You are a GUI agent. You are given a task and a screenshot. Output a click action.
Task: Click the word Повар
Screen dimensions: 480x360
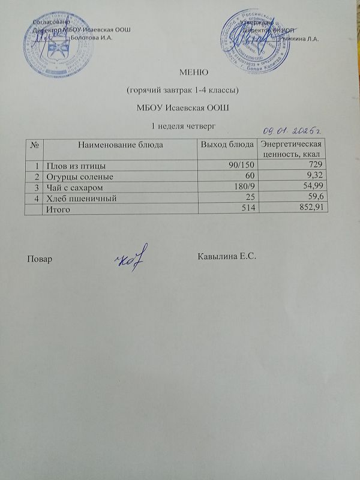point(39,259)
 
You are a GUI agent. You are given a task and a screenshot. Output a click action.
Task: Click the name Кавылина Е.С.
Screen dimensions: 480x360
point(227,257)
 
